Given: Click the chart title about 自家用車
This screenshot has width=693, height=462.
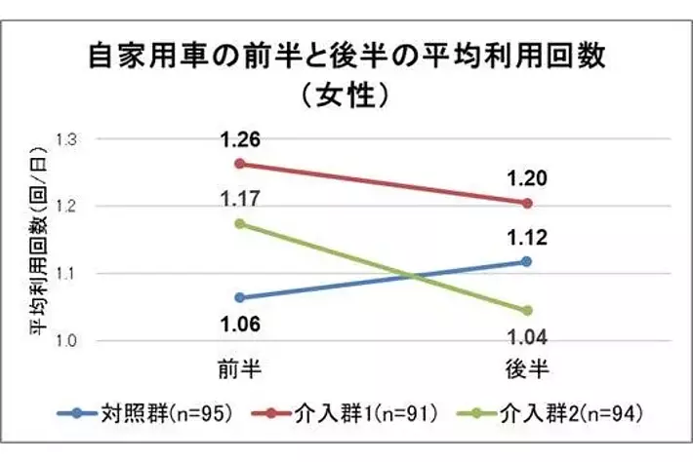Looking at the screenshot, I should coord(346,56).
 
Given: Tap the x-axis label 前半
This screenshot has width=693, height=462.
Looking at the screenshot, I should coord(239,368).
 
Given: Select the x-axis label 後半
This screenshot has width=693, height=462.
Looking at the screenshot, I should coord(527,368).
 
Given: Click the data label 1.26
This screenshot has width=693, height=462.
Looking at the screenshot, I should coord(239,138).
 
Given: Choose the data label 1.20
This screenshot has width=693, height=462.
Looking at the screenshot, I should coord(527,178).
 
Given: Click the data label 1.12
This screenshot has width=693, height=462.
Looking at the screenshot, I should coord(527,237).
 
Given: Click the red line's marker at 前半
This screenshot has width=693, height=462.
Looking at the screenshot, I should coord(239,163).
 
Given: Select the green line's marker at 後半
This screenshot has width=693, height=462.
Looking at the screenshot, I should coord(527,310).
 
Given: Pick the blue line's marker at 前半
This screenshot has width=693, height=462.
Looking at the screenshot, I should coord(239,297).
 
